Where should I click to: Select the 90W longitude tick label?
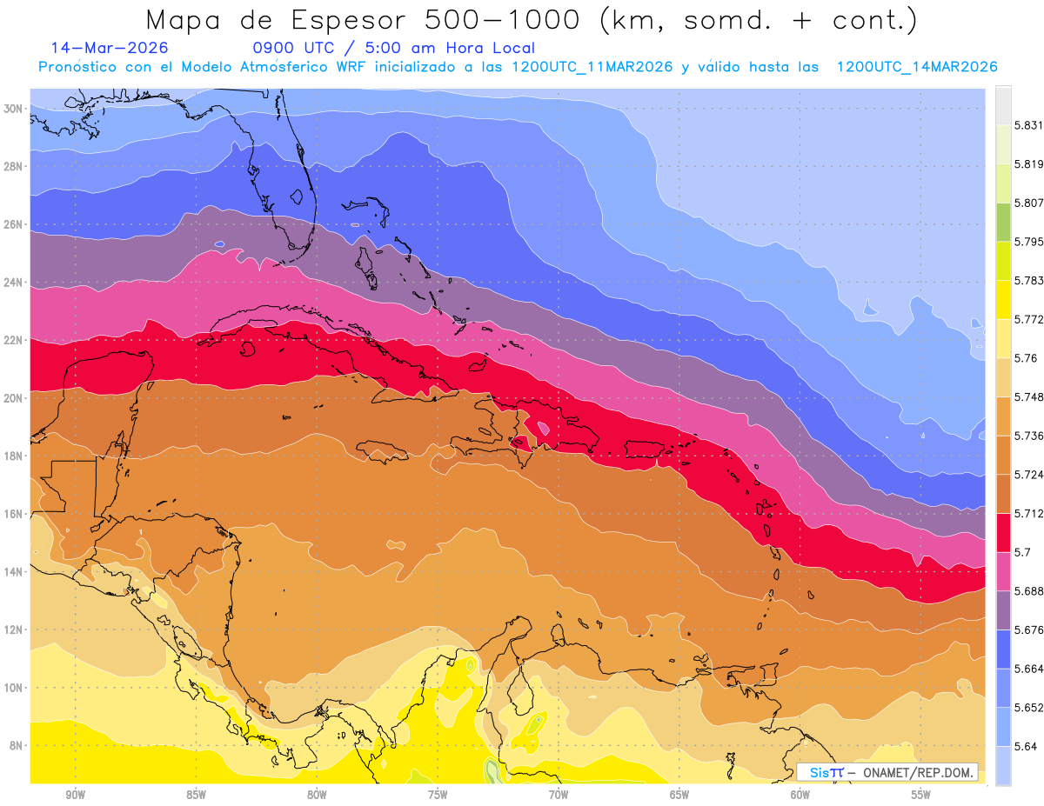(x=75, y=795)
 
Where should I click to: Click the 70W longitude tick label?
(x=559, y=795)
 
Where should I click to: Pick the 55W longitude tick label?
(x=921, y=795)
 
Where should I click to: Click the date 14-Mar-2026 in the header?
(x=110, y=48)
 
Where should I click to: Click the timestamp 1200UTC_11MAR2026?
(x=592, y=67)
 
